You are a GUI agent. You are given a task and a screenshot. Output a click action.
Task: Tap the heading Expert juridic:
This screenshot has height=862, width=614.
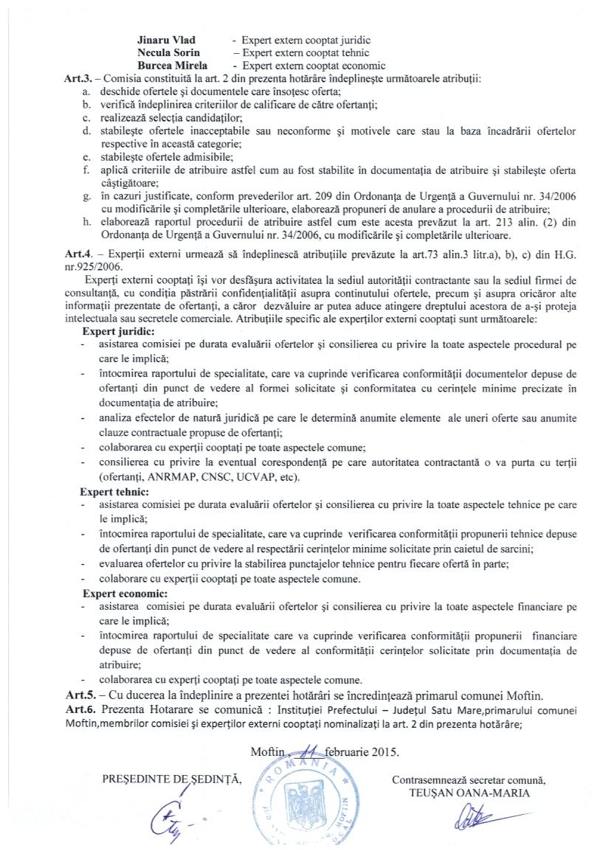[x=118, y=332]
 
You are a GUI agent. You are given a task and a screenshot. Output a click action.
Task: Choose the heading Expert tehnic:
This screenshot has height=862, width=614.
[x=116, y=491]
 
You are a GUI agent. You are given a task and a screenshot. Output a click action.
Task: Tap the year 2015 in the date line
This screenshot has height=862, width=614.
[x=384, y=753]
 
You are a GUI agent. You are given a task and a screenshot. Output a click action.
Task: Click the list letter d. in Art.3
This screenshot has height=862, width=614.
[x=87, y=131]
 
